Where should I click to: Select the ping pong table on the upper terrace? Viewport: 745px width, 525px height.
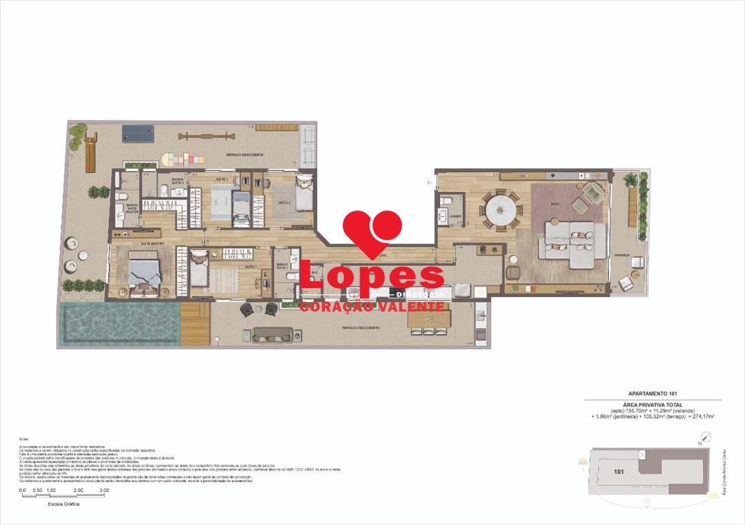[139, 131]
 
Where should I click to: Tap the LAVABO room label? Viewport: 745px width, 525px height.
[454, 216]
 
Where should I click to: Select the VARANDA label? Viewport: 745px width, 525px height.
[622, 256]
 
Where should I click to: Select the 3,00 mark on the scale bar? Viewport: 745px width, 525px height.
[103, 490]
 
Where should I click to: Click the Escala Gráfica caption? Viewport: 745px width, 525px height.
[63, 505]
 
